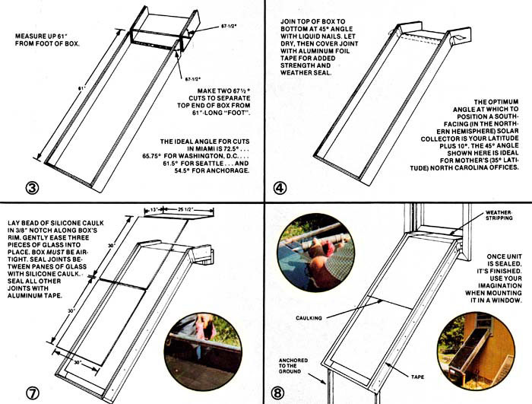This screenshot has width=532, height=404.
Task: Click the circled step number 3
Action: coord(32,188)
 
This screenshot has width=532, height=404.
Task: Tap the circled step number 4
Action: coord(280,188)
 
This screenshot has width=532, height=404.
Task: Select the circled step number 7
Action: coord(33,393)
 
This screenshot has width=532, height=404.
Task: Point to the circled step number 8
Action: coord(277,393)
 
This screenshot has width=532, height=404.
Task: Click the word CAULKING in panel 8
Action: coord(309,318)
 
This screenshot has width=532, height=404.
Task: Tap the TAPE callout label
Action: coord(417,377)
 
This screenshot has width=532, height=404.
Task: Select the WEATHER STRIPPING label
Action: coord(499,215)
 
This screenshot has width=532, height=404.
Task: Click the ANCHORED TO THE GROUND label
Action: coord(293,366)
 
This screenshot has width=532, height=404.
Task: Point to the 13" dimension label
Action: coord(154,210)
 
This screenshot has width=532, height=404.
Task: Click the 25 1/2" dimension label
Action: coord(185,210)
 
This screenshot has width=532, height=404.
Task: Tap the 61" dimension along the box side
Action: coord(82,88)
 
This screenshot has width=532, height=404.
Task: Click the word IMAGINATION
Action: coord(500,286)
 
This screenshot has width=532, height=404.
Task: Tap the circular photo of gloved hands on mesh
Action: coord(316,253)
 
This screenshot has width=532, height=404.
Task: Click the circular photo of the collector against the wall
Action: coord(476,351)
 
